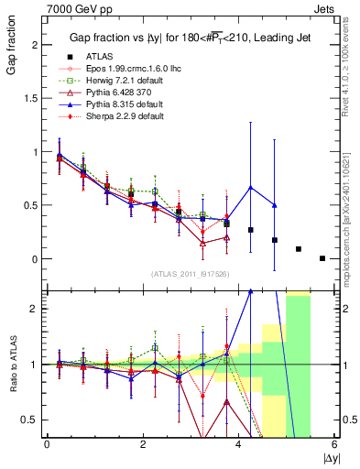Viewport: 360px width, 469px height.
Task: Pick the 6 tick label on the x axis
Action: [335, 445]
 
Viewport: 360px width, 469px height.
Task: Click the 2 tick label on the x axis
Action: [143, 445]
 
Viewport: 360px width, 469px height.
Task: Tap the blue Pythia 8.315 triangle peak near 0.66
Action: [250, 188]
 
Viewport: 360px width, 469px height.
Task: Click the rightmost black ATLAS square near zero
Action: [322, 258]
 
